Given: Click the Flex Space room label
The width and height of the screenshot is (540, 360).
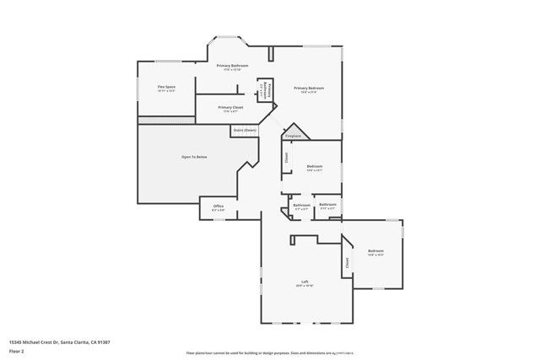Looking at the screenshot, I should tap(166, 87).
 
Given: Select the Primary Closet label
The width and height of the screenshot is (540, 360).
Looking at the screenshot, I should tap(231, 107).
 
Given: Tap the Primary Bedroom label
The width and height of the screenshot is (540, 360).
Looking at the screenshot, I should tap(309, 88).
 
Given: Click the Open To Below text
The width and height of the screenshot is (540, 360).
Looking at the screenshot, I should tap(194, 157).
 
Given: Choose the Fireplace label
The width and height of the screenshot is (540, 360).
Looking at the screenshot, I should tap(293, 135).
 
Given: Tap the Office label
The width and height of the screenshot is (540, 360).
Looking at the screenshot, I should tap(218, 206).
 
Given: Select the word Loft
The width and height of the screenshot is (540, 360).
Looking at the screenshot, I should tap(305, 282).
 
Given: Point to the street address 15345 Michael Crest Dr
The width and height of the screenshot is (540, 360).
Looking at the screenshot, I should tap(59, 341).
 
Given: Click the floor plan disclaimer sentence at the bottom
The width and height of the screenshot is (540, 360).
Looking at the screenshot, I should tap(269, 352).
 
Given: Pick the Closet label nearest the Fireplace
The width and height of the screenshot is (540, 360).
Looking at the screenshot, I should tap(287, 157).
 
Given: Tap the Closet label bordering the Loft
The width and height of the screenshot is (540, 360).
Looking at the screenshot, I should tap(347, 263).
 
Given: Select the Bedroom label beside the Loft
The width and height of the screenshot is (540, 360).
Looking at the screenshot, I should tap(375, 251).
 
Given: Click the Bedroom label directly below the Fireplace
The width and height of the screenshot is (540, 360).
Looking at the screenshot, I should tap(315, 166).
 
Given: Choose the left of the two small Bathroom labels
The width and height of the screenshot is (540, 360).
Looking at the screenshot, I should tap(301, 205).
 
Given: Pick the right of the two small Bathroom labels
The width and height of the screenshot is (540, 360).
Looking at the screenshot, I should tap(327, 204).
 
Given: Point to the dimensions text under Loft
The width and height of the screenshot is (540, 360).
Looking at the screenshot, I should tap(305, 287).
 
